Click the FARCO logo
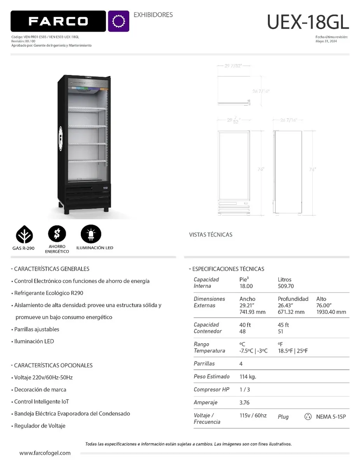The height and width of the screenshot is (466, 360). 58,21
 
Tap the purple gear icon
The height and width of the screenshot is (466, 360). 118,21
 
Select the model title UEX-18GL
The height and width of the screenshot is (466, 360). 308,22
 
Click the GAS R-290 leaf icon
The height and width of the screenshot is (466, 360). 24,234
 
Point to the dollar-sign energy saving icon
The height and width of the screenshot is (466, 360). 57,234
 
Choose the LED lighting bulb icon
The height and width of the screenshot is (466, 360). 91,234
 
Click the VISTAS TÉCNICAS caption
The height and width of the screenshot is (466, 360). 210,235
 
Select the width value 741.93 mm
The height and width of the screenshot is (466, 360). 252,312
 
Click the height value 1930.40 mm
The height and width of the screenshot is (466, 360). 331,312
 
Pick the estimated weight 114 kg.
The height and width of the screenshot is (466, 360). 248,376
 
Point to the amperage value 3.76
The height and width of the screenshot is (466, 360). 245,402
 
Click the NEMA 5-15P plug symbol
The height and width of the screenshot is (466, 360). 308,417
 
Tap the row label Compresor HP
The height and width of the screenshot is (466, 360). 211,389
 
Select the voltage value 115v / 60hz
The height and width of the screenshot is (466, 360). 253,415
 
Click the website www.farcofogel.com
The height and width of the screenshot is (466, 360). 45,453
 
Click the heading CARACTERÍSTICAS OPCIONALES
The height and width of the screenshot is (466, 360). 53,365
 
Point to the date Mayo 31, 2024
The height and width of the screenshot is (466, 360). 326,41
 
